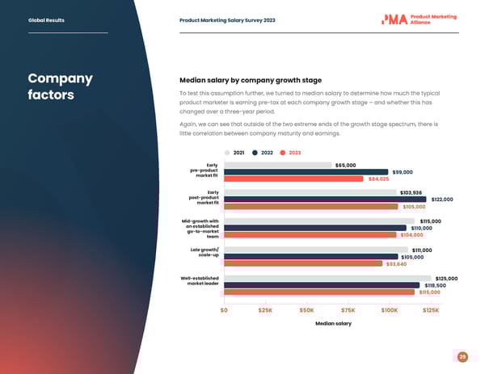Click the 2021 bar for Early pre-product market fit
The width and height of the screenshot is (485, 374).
coord(277,165)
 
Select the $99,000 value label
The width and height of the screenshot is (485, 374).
coord(402,172)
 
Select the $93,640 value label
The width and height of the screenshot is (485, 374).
coord(396,263)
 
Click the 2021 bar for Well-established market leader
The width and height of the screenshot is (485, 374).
coord(328,278)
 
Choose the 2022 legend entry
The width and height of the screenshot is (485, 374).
coord(263,153)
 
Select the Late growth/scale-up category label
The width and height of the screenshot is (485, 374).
coord(204,253)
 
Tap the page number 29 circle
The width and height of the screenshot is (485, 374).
coord(462,357)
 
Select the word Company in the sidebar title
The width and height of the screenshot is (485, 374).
coord(59,79)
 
